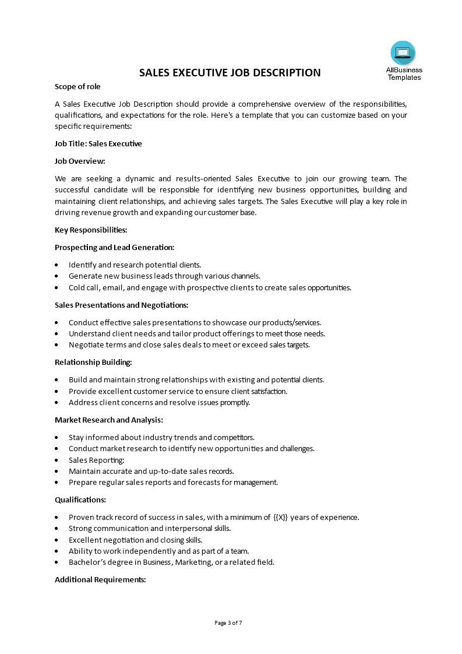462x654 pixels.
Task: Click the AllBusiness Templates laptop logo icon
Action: (x=403, y=53)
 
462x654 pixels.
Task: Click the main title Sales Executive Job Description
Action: (x=230, y=73)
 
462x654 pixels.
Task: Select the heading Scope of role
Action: (x=77, y=87)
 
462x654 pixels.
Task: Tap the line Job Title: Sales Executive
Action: (x=98, y=143)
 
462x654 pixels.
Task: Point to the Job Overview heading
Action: (x=80, y=161)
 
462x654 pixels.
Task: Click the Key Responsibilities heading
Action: (x=91, y=230)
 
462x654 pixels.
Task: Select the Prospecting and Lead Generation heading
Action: (x=114, y=247)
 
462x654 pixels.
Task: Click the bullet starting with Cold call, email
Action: (x=210, y=287)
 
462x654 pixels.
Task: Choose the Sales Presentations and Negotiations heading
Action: (x=121, y=305)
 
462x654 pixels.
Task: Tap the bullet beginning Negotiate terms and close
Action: (x=189, y=344)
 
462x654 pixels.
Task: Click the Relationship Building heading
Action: (x=93, y=362)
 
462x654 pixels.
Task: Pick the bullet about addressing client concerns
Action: (x=159, y=402)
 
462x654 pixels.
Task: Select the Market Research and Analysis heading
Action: (x=108, y=420)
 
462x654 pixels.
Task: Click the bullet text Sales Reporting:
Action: (x=96, y=460)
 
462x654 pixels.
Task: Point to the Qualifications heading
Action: (x=80, y=500)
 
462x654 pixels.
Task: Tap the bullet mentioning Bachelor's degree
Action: (x=171, y=562)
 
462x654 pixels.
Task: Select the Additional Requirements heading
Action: (x=100, y=579)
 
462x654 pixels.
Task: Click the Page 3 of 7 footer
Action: (x=228, y=623)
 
